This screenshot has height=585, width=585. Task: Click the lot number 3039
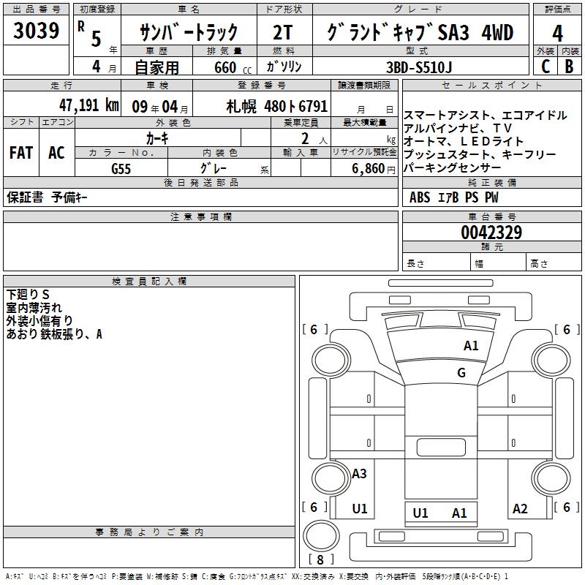[x=36, y=31]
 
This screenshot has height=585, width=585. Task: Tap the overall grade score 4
[x=557, y=34]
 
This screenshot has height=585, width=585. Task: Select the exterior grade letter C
[x=546, y=67]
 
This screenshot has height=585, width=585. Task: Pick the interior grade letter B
[x=570, y=67]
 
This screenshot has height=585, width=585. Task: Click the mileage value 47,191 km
[x=89, y=105]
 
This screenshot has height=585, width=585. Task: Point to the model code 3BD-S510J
[x=419, y=67]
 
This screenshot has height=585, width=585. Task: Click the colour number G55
[x=121, y=169]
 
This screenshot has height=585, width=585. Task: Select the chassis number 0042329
[x=491, y=233]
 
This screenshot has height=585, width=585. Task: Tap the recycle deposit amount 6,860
[x=369, y=169]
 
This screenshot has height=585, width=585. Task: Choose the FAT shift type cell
[x=21, y=152]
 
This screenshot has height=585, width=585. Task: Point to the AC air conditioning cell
[x=56, y=152]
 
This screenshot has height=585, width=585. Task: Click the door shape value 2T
[x=283, y=32]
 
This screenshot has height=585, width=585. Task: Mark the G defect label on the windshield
[x=461, y=372]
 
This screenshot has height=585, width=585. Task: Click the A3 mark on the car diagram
[x=359, y=473]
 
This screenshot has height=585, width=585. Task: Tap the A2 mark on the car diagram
[x=520, y=508]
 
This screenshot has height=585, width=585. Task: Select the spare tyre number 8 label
[x=320, y=559]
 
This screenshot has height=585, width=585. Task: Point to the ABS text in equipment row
[x=420, y=197]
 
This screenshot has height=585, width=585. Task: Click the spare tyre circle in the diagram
[x=320, y=519]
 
